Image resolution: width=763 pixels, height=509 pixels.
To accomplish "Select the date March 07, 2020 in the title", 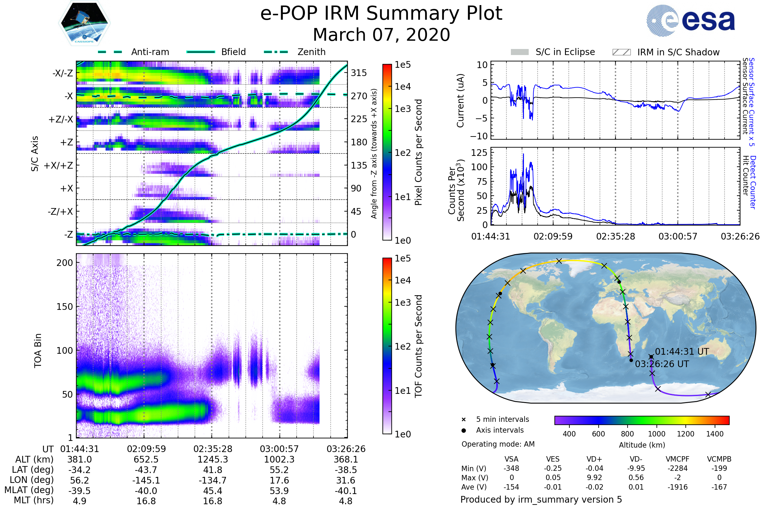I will click(381, 35).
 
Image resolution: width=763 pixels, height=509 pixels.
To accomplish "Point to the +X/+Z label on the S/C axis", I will click(58, 165).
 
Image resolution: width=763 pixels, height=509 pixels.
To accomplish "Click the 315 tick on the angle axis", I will click(359, 73).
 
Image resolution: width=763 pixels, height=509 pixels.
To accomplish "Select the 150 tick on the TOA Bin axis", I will click(65, 307).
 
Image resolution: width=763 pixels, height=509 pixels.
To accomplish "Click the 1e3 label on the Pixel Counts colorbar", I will click(402, 109).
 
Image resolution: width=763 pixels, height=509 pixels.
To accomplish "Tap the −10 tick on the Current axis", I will click(478, 136).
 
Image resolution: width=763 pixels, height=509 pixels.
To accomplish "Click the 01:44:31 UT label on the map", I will click(682, 352).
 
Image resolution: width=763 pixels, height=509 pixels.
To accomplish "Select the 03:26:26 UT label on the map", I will click(662, 364).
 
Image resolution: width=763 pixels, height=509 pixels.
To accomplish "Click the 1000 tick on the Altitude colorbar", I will click(656, 434).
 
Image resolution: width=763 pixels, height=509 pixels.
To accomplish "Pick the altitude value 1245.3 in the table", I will click(212, 459).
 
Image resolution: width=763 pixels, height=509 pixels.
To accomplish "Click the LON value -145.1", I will click(146, 480).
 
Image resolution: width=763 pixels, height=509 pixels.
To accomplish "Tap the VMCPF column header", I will click(677, 459).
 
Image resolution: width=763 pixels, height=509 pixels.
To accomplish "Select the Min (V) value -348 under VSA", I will click(511, 468).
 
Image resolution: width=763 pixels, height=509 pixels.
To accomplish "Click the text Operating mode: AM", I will click(498, 444).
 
